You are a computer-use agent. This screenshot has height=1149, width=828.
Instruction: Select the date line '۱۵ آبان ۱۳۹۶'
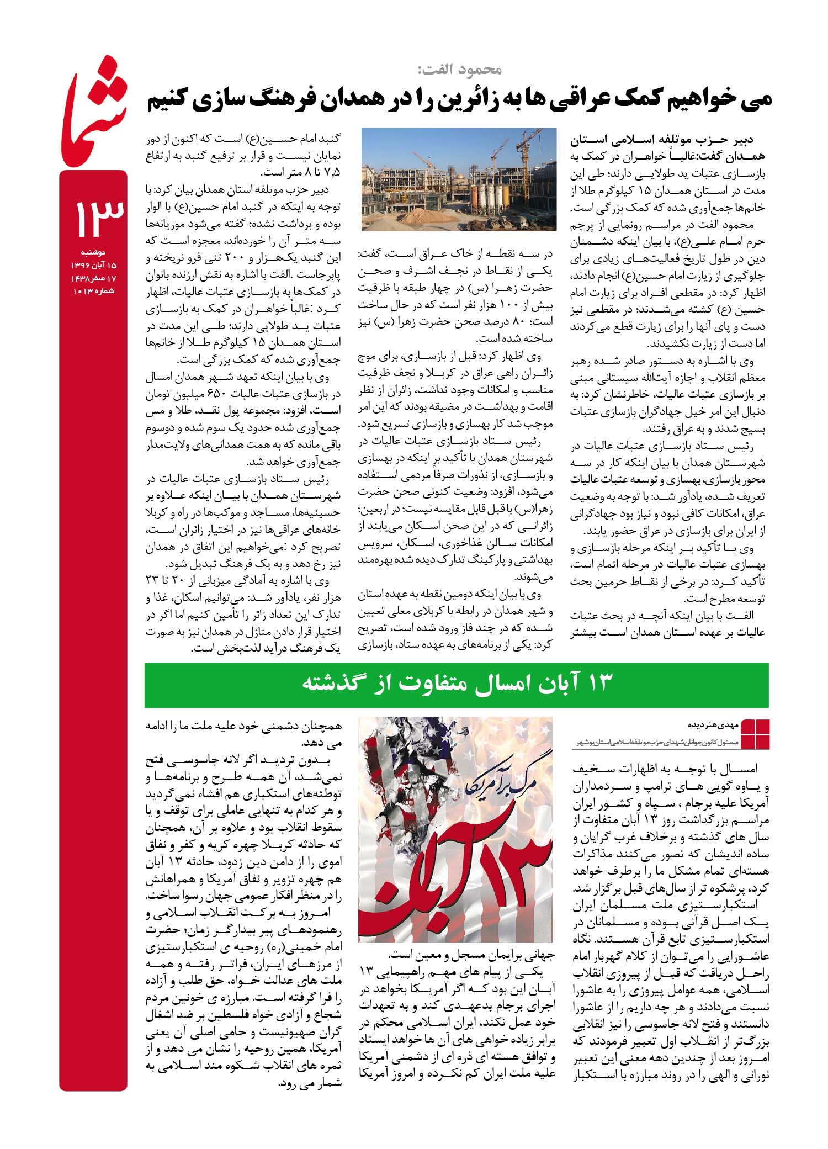[x=93, y=266]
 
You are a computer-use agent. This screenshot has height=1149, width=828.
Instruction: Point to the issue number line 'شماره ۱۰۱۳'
[x=93, y=291]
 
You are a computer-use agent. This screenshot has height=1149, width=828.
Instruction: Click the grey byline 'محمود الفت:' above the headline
[x=459, y=70]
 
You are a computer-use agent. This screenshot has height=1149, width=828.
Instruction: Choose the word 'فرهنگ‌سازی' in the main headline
[x=265, y=100]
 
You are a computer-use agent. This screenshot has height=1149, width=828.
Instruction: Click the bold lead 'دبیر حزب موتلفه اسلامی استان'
[x=662, y=140]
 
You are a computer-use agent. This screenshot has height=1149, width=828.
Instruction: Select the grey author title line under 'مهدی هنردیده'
[x=657, y=744]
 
